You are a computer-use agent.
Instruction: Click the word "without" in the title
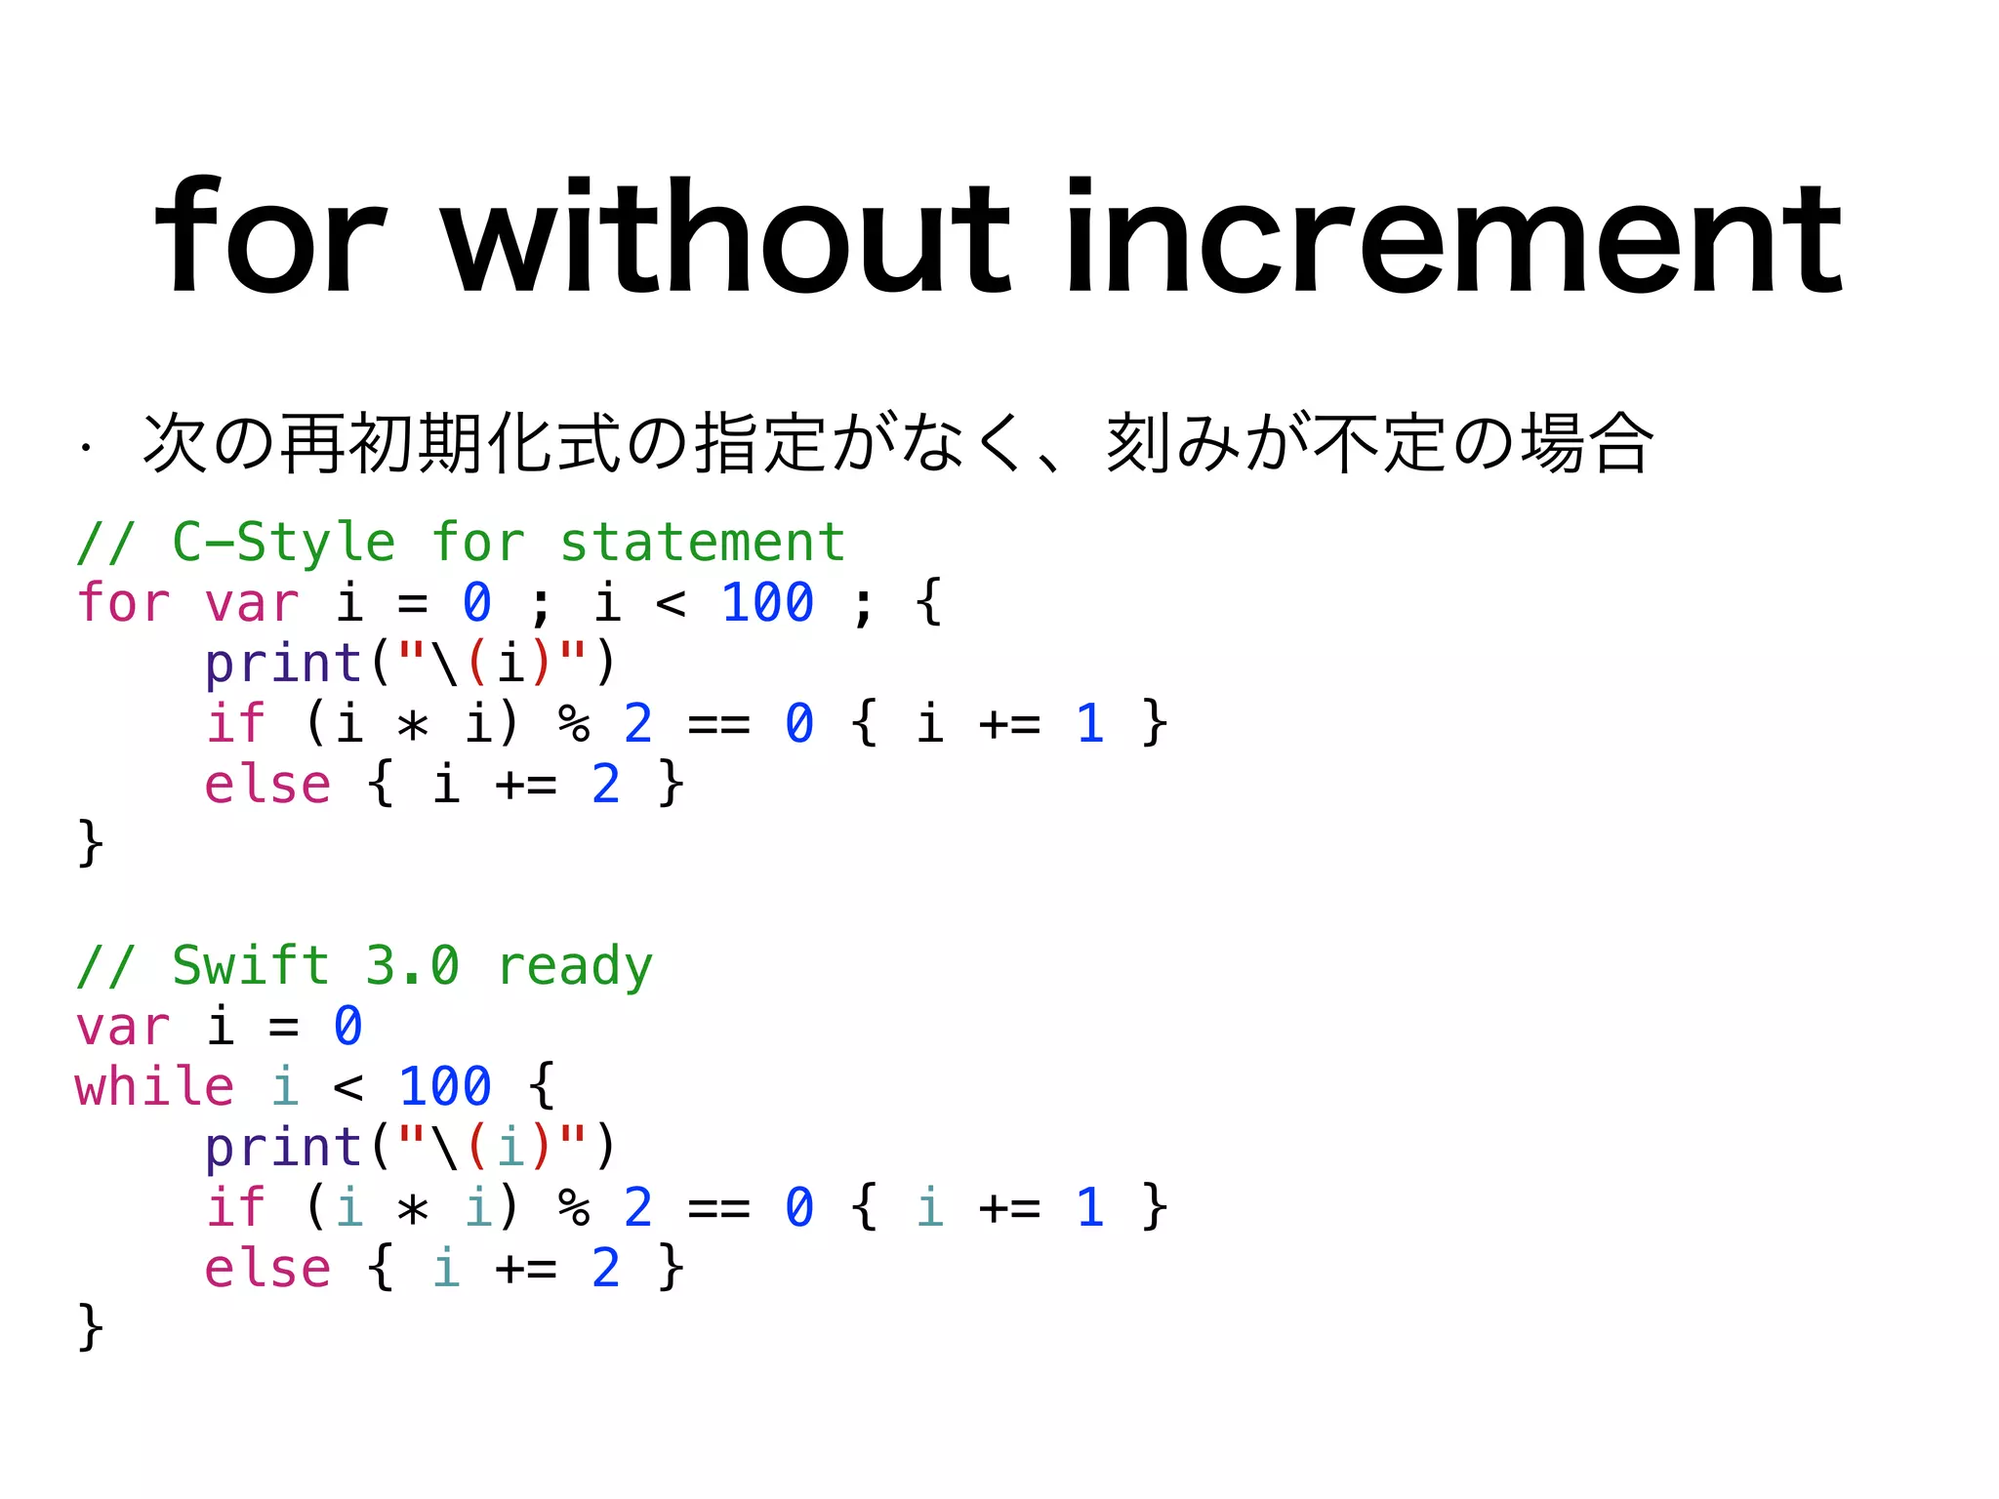[x=727, y=237]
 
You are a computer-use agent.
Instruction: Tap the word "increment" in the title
[x=1453, y=237]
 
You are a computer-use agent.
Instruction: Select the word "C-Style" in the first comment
[x=283, y=543]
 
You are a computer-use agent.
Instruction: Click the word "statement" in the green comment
[x=702, y=543]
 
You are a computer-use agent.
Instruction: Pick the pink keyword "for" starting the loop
[x=123, y=603]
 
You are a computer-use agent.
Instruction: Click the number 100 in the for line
[x=767, y=603]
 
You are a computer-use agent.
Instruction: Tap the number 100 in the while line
[x=445, y=1087]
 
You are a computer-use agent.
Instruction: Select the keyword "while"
[x=155, y=1087]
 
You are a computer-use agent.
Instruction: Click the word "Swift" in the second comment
[x=251, y=966]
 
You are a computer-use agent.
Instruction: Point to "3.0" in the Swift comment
[x=412, y=966]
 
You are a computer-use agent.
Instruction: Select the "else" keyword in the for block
[x=267, y=785]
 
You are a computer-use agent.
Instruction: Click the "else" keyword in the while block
[x=267, y=1269]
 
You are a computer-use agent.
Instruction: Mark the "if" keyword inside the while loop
[x=235, y=1208]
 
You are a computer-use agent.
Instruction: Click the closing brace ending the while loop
[x=91, y=1328]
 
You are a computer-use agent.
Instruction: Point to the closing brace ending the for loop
[x=91, y=844]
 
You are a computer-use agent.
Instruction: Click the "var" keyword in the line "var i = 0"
[x=123, y=1027]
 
